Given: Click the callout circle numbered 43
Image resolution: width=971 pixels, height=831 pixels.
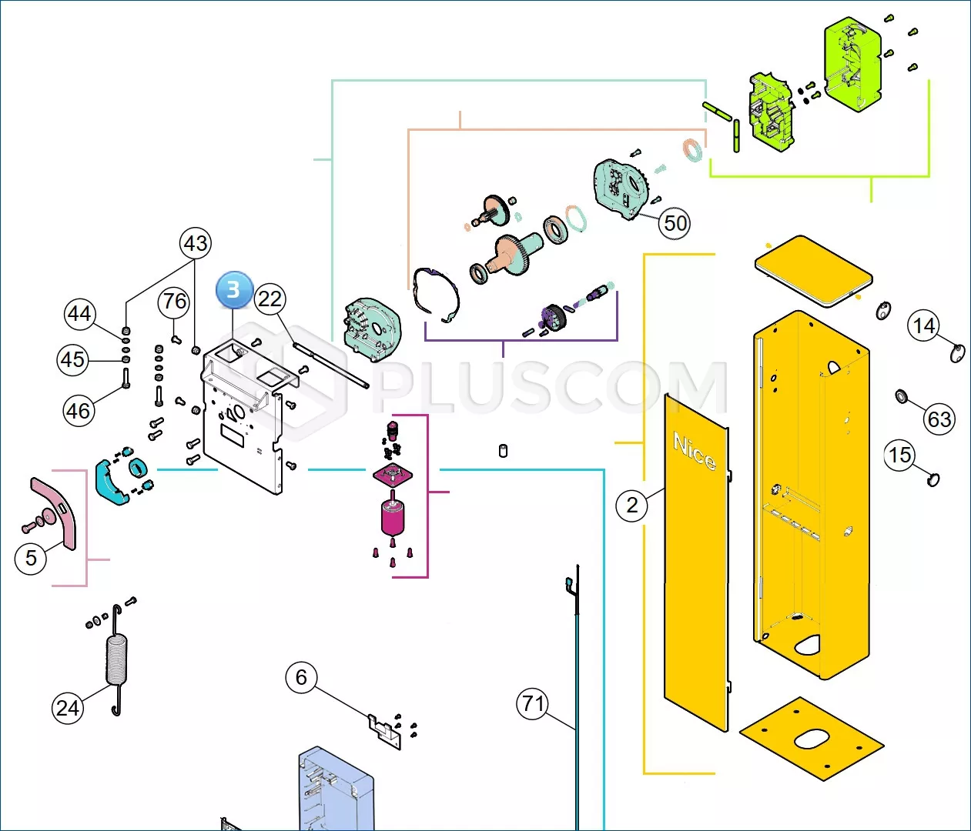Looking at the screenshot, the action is [x=196, y=243].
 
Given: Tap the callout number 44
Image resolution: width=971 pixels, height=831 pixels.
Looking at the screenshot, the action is [x=79, y=314].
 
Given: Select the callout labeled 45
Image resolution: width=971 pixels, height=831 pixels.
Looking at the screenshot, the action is [x=72, y=360].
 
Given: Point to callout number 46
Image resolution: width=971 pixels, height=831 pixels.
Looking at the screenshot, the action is [x=79, y=412].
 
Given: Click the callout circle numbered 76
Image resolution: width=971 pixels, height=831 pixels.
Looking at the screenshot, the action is [x=174, y=302].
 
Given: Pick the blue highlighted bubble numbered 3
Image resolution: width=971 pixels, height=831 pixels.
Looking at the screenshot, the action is [x=234, y=289].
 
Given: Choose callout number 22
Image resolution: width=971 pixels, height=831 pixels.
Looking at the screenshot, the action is [x=270, y=299].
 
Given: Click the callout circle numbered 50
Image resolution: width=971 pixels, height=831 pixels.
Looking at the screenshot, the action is [x=675, y=223].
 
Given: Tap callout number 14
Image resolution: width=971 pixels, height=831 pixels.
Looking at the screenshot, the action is [x=923, y=325].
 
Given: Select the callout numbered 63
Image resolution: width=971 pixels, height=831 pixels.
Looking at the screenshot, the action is [x=939, y=419].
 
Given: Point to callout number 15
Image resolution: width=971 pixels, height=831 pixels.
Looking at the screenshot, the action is [x=899, y=455].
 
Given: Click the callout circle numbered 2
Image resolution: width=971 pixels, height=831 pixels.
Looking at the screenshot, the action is [x=632, y=506].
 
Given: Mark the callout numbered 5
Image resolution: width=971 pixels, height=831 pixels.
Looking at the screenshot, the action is [x=31, y=558].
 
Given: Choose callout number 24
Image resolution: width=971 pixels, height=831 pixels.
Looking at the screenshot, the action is [x=68, y=708].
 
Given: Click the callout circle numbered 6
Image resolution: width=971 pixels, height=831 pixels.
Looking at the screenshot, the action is [x=301, y=677].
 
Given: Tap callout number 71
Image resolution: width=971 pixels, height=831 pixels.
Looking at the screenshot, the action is [x=533, y=704].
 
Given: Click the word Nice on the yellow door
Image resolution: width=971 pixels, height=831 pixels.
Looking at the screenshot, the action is [x=695, y=451].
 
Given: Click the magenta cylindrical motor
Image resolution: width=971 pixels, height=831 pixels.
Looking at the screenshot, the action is [x=393, y=518].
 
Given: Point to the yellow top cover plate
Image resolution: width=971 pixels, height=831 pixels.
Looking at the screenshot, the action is [x=814, y=272].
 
